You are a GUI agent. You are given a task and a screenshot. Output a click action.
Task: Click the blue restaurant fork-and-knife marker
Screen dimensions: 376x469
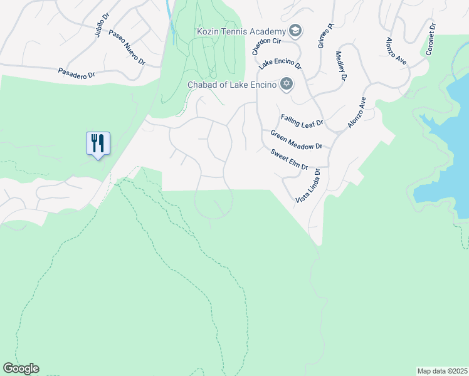(97, 144)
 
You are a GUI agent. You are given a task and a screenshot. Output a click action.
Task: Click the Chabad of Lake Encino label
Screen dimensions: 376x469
(232, 85)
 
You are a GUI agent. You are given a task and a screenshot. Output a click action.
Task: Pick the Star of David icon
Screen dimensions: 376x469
(287, 84)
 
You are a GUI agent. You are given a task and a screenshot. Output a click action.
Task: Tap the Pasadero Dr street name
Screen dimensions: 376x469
(76, 73)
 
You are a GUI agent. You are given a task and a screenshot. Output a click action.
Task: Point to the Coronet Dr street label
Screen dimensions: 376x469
(431, 39)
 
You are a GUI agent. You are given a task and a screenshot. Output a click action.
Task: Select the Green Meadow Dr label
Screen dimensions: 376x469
(296, 140)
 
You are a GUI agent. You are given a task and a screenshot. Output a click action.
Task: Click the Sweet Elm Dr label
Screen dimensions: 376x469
(290, 159)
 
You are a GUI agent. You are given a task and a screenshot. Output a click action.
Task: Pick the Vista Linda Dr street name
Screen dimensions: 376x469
(307, 185)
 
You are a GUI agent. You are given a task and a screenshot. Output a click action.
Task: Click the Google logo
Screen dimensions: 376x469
(21, 368)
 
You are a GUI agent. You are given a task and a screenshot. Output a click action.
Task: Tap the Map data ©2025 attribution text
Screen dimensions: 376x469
(442, 371)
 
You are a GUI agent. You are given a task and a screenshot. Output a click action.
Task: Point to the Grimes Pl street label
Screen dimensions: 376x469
(325, 35)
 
